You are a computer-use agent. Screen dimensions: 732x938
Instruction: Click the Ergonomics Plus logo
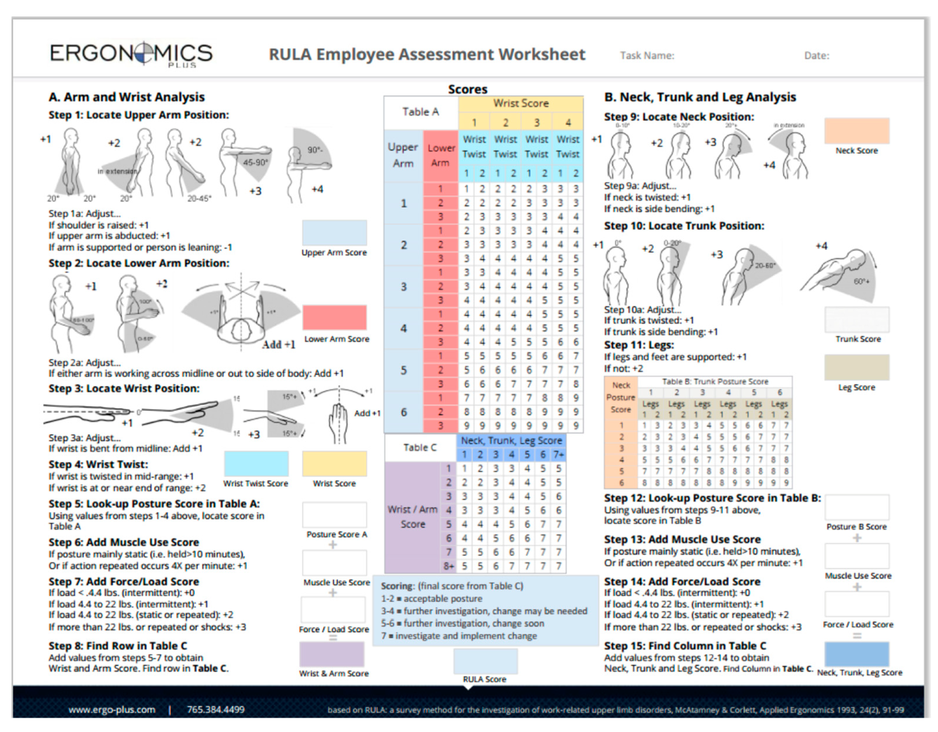(x=131, y=54)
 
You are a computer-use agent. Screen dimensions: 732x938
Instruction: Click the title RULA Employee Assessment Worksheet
(x=427, y=55)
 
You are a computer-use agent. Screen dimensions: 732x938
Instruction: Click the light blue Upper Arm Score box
(x=334, y=233)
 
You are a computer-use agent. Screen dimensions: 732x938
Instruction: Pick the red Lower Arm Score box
(x=334, y=318)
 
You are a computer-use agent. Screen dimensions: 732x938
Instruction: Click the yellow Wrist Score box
(x=334, y=464)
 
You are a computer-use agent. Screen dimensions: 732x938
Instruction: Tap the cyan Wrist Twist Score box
(x=256, y=464)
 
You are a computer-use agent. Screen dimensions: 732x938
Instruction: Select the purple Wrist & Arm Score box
(x=332, y=654)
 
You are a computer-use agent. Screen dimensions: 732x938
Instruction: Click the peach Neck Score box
(x=856, y=131)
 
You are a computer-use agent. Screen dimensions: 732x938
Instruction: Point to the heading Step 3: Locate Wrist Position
(x=124, y=389)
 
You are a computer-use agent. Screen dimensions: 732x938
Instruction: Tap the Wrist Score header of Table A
(x=520, y=103)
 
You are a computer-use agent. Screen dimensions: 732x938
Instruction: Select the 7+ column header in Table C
(x=558, y=455)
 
